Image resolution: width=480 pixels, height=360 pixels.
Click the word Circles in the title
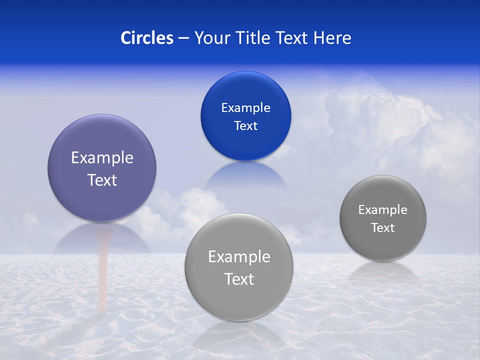click(146, 38)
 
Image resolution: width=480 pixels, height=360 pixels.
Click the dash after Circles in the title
click(183, 38)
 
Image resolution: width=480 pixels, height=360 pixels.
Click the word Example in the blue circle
click(245, 108)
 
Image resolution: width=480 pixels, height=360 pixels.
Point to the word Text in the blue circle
click(245, 126)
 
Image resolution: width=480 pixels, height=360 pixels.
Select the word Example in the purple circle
click(102, 158)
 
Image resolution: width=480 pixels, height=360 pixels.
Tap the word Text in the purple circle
click(102, 180)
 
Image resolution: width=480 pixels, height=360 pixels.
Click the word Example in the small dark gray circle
click(382, 210)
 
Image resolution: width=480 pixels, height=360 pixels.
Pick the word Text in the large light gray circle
click(239, 279)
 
